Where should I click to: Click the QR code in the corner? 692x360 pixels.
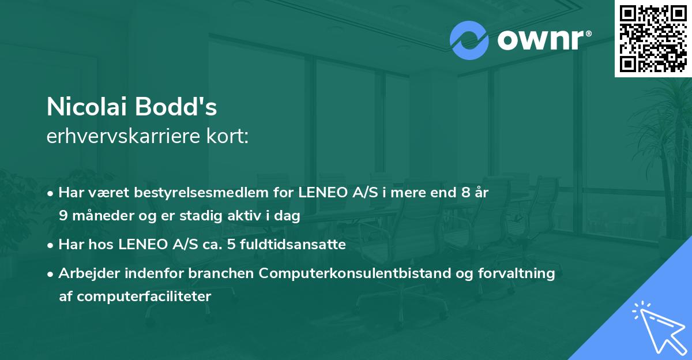coord(652,38)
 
